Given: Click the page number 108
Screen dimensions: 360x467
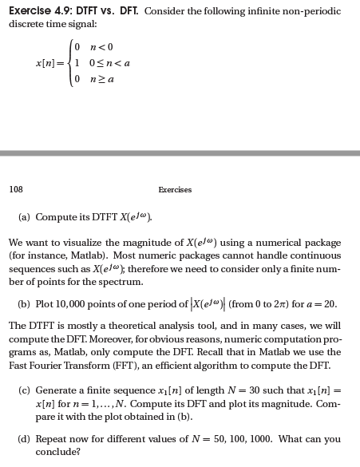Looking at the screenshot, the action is click(x=16, y=189).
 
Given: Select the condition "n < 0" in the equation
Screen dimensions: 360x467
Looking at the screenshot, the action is click(x=97, y=48).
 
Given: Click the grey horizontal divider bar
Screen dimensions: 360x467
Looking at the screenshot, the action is click(x=180, y=152).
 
